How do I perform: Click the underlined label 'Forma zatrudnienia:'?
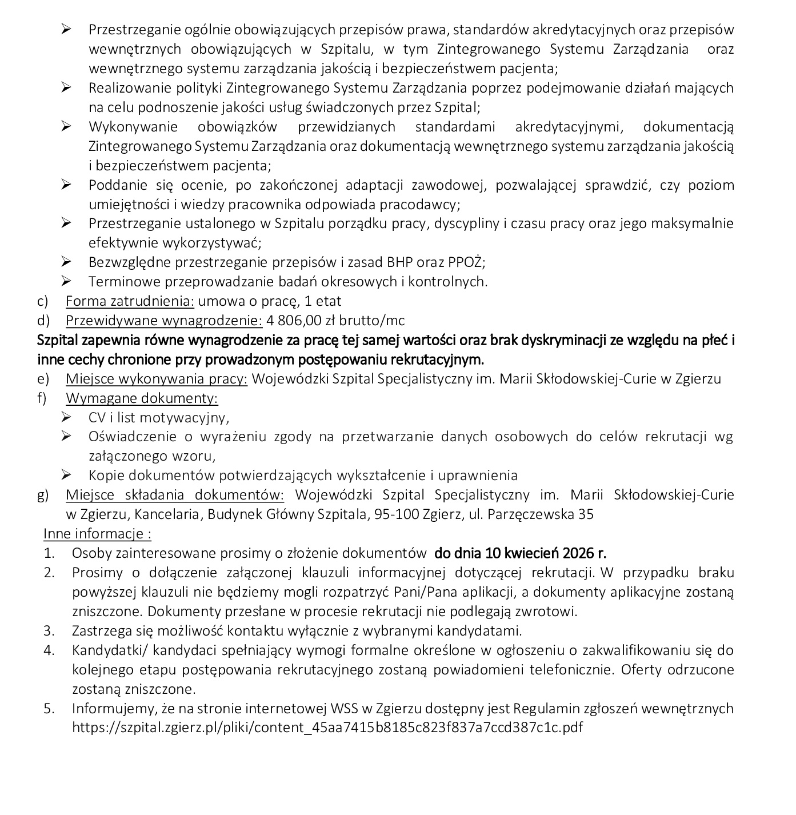[x=130, y=301]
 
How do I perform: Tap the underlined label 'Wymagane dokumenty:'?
[x=142, y=398]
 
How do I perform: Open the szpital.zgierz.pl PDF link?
[x=327, y=728]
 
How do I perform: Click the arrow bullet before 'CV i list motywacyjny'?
[x=66, y=417]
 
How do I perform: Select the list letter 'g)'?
[x=43, y=495]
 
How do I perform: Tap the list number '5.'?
[x=49, y=709]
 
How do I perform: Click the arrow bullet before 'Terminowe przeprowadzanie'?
[x=66, y=281]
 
